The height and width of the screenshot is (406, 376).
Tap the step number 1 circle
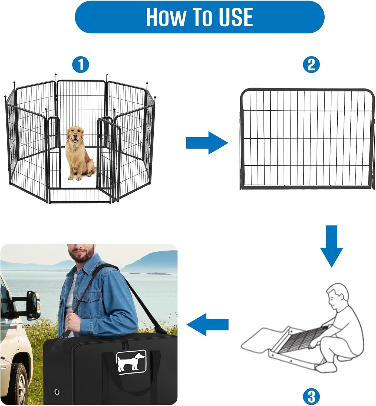[81, 65]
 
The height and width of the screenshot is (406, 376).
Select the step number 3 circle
[311, 397]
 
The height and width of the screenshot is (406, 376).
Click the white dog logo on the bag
[131, 361]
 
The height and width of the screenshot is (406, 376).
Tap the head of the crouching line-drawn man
[337, 296]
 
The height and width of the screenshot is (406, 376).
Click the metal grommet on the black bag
[57, 392]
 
